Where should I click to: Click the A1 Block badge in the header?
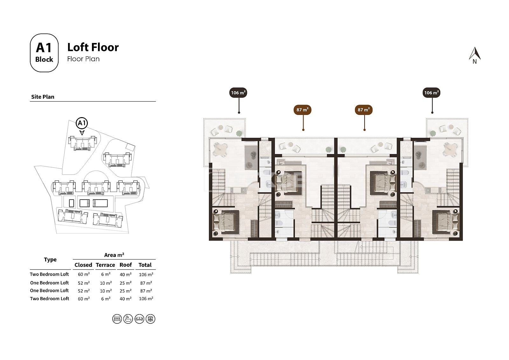pos(44,53)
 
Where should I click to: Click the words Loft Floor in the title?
pos(93,47)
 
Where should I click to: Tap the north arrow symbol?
pos(475,55)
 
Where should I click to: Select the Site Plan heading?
pos(43,97)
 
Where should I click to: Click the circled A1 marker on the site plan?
pos(81,123)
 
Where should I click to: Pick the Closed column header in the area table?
pos(83,265)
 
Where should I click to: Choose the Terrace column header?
pos(105,265)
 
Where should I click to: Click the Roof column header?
pos(126,265)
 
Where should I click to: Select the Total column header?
pos(145,265)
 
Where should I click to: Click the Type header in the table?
pos(50,260)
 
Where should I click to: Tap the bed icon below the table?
pos(117,319)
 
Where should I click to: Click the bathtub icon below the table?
pos(128,319)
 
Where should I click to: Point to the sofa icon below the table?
pos(139,319)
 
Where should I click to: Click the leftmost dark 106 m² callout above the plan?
pos(238,93)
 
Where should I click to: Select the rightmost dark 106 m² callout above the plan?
pos(431,93)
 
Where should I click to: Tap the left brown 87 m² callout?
pos(303,110)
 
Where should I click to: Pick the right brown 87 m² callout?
pos(364,110)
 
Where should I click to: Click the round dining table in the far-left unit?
pos(220,149)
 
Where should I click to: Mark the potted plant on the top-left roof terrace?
pos(239,133)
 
